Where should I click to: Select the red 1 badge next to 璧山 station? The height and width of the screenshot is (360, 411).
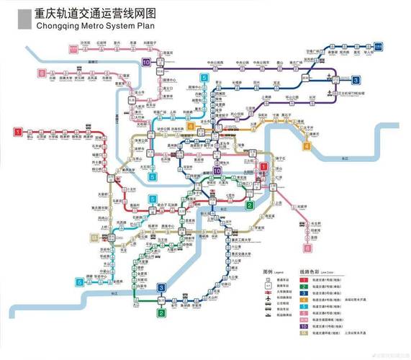pos(18,131)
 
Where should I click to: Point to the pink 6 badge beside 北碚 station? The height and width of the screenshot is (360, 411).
pos(42,73)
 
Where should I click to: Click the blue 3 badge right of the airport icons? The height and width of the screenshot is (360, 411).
pos(356,80)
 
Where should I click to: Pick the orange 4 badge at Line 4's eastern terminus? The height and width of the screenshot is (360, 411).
pos(307,146)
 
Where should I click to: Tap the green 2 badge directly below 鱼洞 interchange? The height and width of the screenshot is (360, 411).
pos(162,312)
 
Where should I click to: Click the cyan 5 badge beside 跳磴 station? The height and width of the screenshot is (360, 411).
pos(79,282)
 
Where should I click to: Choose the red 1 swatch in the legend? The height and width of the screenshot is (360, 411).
pos(304,278)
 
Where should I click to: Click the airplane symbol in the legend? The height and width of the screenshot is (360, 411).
pos(267,296)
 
